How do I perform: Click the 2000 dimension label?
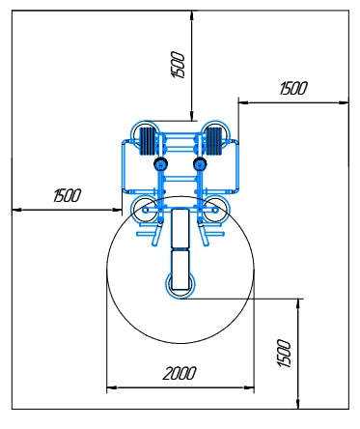point(180,373)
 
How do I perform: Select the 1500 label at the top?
point(178,65)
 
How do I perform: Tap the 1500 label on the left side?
point(68,195)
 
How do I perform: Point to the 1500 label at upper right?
point(293,88)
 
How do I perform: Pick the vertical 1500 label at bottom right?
point(284,353)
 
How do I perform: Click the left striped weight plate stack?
point(148,141)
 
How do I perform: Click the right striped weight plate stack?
point(213,141)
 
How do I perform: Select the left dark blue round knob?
point(160,164)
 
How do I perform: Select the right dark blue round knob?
point(200,164)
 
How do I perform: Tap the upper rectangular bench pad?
point(180,228)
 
